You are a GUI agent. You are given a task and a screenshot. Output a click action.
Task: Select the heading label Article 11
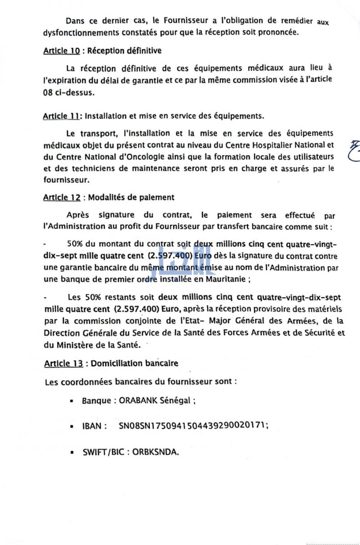61,116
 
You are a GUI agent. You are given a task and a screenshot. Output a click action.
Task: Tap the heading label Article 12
62,198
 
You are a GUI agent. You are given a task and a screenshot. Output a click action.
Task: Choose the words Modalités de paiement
131,198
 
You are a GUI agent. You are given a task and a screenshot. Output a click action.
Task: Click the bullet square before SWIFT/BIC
72,453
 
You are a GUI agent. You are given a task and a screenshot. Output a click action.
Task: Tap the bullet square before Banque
72,401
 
